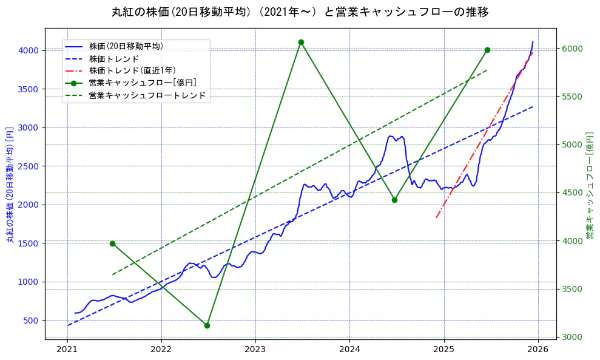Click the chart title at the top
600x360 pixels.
coord(300,12)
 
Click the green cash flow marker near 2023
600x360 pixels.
coord(301,42)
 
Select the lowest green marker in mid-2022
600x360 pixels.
coord(207,325)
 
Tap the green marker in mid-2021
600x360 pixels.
coord(112,243)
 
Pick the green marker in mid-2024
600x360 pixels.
coord(394,200)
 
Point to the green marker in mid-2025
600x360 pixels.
coord(487,50)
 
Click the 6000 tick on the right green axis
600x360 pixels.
coord(571,49)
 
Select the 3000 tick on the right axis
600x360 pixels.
coord(571,337)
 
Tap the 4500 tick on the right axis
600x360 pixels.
coord(571,193)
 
